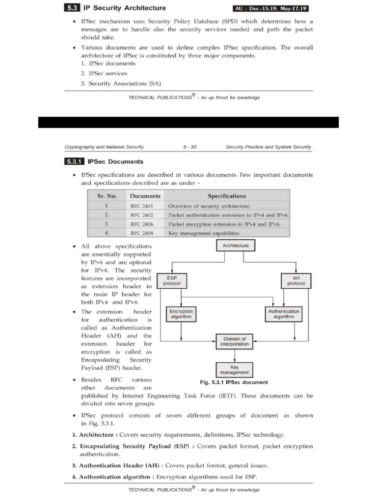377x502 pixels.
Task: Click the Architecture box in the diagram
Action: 236,245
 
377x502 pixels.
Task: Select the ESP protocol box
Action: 172,281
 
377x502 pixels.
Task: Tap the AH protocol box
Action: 296,281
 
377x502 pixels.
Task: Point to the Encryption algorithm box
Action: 181,314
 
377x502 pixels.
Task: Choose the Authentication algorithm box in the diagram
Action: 284,314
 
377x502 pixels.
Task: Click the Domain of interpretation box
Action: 236,341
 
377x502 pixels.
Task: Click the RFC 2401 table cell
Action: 142,206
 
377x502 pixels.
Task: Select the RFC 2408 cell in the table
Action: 142,233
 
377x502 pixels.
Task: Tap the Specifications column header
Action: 226,196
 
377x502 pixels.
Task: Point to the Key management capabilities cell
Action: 204,233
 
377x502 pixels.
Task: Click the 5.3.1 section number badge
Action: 75,161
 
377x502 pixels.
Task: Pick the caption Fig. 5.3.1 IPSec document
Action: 234,382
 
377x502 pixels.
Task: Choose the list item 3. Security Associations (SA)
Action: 121,83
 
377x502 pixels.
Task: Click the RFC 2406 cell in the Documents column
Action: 142,224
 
